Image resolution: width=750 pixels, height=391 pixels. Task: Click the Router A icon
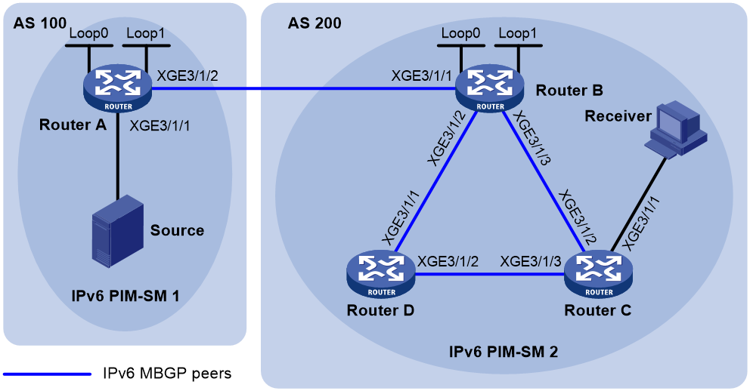pyautogui.click(x=118, y=90)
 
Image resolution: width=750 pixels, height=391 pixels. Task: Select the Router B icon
pyautogui.click(x=490, y=90)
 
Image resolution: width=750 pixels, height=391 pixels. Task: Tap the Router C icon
pyautogui.click(x=598, y=276)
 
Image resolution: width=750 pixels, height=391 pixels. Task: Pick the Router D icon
pyautogui.click(x=381, y=276)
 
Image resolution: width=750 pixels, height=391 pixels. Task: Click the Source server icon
pyautogui.click(x=118, y=231)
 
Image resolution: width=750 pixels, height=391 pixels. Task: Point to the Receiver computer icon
pyautogui.click(x=675, y=129)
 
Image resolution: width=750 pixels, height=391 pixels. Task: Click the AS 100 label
pyautogui.click(x=40, y=23)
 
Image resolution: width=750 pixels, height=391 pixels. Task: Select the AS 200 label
pyautogui.click(x=315, y=23)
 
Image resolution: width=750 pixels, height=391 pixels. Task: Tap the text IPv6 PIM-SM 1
pyautogui.click(x=126, y=296)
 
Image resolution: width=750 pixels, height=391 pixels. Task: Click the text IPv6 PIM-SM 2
pyautogui.click(x=504, y=352)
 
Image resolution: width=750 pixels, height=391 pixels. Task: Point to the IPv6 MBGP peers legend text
pyautogui.click(x=167, y=373)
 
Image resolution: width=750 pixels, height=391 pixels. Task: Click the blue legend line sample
pyautogui.click(x=47, y=374)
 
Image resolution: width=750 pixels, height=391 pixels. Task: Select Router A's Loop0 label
pyautogui.click(x=88, y=33)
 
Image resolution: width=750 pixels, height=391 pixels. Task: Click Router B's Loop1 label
pyautogui.click(x=518, y=33)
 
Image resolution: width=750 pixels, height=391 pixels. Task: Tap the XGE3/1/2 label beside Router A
pyautogui.click(x=187, y=75)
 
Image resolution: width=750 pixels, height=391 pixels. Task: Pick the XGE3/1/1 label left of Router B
pyautogui.click(x=421, y=75)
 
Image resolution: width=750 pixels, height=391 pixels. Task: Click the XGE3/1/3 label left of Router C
pyautogui.click(x=531, y=261)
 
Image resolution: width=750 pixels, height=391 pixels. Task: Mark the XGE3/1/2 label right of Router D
pyautogui.click(x=448, y=261)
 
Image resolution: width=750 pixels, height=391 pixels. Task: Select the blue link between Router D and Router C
pyautogui.click(x=490, y=274)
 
